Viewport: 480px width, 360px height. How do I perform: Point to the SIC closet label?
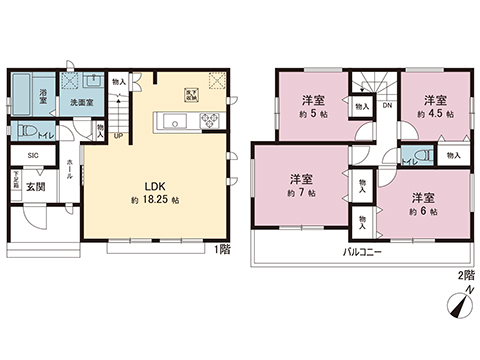click(x=33, y=155)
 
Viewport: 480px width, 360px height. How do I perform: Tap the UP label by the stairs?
click(x=119, y=137)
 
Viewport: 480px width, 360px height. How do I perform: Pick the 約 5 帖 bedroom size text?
click(x=313, y=115)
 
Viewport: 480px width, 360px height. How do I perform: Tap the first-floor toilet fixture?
click(x=25, y=131)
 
